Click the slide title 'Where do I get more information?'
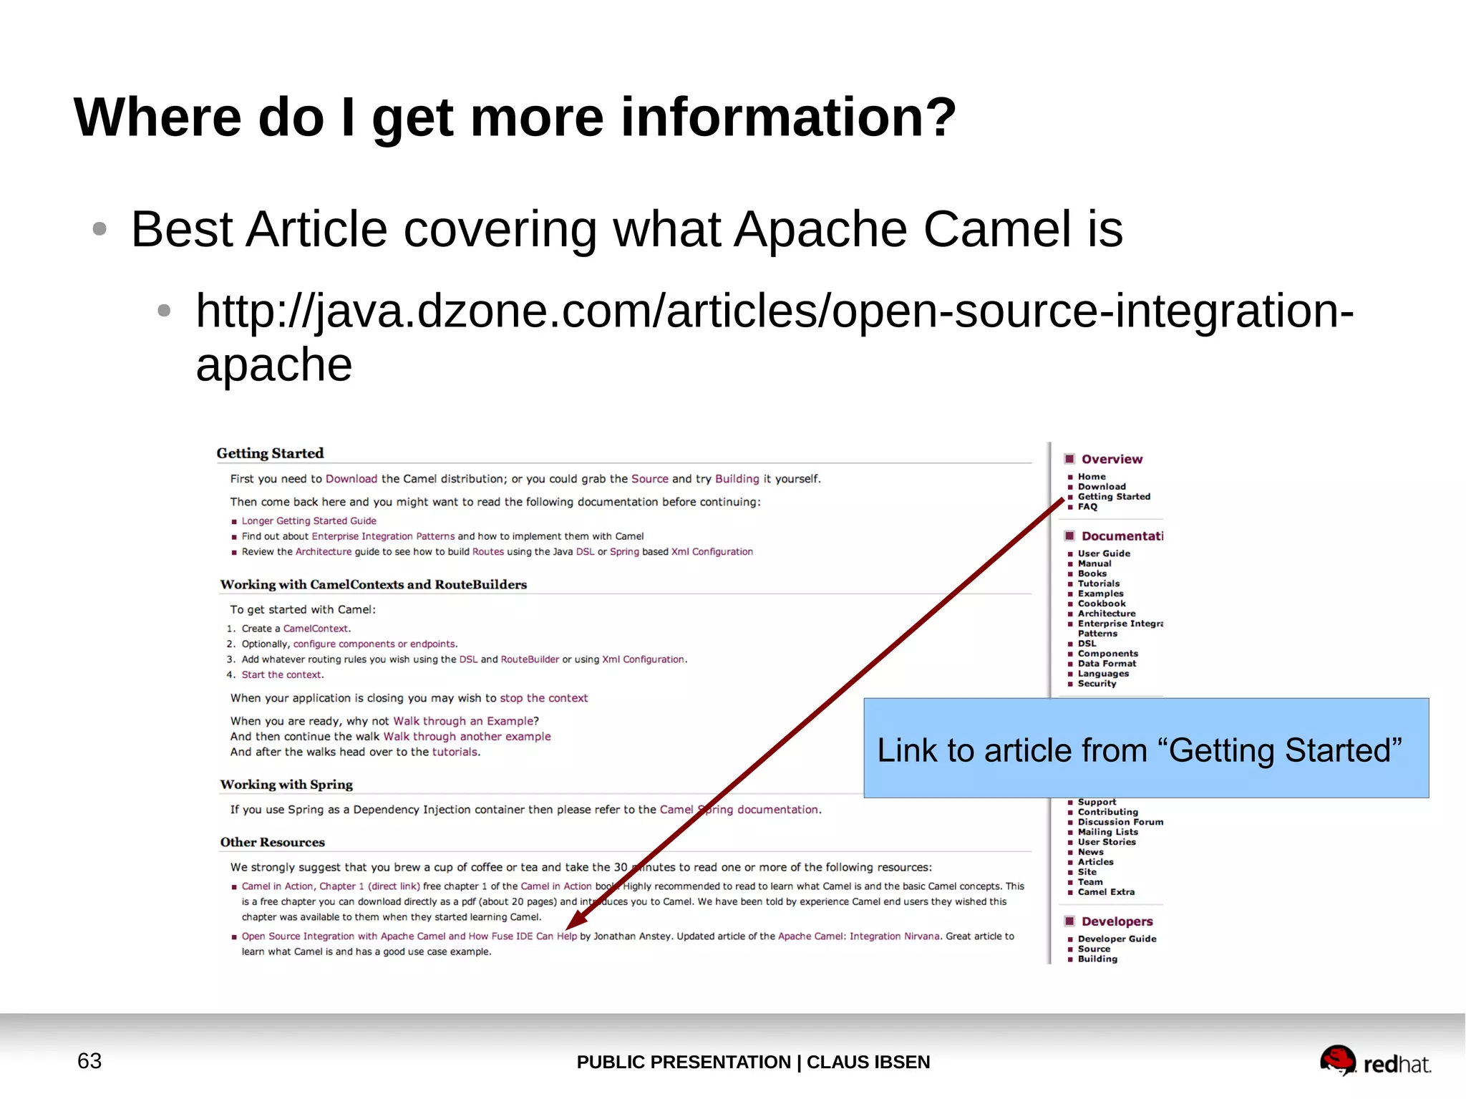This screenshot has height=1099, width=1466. [515, 117]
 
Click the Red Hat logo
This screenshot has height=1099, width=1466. [1374, 1061]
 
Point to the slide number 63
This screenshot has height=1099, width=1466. [89, 1060]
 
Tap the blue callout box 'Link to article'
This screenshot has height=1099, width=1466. [1145, 748]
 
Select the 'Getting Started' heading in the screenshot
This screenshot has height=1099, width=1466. [270, 453]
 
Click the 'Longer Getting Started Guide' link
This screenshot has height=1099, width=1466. [309, 521]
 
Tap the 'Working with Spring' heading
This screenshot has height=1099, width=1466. [286, 785]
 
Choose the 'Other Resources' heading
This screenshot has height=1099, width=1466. [272, 843]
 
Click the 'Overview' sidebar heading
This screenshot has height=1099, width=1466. [1112, 460]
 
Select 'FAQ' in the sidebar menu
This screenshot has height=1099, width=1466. [1087, 507]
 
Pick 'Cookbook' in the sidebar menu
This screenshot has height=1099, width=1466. [1102, 604]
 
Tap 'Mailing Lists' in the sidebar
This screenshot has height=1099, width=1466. [1107, 832]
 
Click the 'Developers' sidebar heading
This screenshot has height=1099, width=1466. [1117, 922]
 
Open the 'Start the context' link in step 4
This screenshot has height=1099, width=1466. [281, 675]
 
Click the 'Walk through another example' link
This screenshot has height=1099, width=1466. [467, 737]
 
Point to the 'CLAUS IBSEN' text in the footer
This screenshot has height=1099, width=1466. [868, 1062]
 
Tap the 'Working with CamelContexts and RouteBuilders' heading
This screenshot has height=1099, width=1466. [373, 585]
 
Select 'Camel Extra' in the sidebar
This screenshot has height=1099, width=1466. [1106, 892]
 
